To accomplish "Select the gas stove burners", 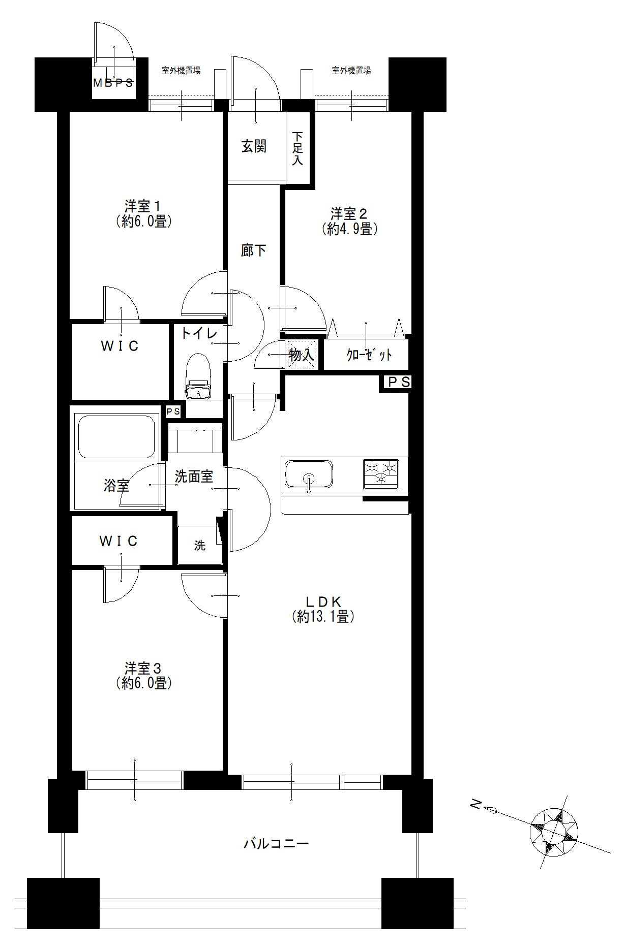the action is [380, 473].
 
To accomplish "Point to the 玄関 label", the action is [254, 147].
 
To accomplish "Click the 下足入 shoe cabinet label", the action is [298, 148].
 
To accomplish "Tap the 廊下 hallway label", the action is [254, 250].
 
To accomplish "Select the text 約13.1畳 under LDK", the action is [323, 617].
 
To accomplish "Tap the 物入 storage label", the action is [302, 355].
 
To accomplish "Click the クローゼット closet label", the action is [369, 355].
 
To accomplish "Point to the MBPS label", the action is [113, 83].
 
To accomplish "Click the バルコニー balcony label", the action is [276, 844].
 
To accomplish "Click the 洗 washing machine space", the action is [200, 546].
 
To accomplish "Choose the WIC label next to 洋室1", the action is [120, 346].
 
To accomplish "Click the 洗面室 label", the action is [194, 477].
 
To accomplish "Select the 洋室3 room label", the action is [143, 668].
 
